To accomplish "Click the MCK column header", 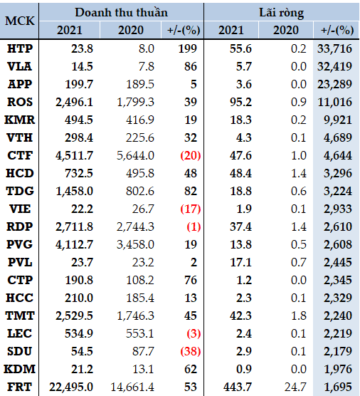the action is [x=20, y=21].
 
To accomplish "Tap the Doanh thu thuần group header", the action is [x=122, y=12].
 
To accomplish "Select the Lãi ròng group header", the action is [x=282, y=13].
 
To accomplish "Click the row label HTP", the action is [x=20, y=48].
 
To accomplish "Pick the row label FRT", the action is [x=20, y=387].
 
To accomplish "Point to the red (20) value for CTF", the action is [x=191, y=155].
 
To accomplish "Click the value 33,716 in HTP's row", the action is [x=334, y=48].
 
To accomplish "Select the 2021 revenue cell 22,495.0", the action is [x=71, y=387].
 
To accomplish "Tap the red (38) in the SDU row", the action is [x=191, y=352].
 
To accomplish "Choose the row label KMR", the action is [x=20, y=120].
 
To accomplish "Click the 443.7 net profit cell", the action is [x=238, y=387].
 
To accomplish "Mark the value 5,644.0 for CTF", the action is [x=135, y=155].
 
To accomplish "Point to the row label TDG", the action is [x=20, y=191].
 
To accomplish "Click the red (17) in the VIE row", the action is [x=191, y=209].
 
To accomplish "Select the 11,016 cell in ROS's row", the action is [x=335, y=103].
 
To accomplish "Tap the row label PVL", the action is [x=20, y=262].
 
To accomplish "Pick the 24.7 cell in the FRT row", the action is [x=295, y=387].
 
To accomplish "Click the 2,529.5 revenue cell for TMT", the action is [x=74, y=316].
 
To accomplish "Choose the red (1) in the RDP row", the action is [x=194, y=226].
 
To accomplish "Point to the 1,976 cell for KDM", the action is [x=338, y=370].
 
